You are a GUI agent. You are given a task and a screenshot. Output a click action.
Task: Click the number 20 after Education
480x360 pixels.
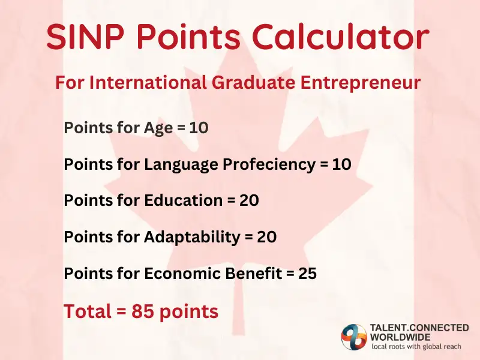click(249, 200)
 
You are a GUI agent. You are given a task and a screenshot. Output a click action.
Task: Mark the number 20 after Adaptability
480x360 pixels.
click(266, 237)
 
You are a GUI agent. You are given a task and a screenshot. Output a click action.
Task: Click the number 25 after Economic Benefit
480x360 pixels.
click(307, 274)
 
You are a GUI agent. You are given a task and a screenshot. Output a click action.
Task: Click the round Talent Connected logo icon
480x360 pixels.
click(354, 337)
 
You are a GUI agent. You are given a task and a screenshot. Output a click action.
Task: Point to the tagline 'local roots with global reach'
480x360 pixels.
click(419, 347)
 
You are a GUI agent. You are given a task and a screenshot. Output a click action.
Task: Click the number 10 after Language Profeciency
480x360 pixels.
click(341, 164)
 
